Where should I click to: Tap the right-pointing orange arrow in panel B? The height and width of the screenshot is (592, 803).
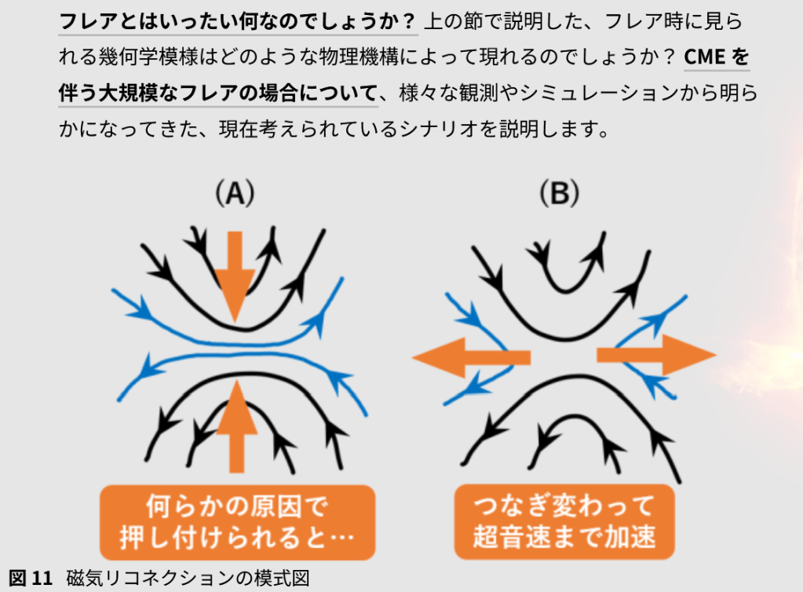(x=656, y=356)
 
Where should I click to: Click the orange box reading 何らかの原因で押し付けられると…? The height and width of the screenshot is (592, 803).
(x=235, y=521)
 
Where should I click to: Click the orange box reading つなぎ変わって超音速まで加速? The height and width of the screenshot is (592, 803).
(x=564, y=521)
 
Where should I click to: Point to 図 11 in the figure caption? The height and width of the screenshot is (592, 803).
(x=30, y=579)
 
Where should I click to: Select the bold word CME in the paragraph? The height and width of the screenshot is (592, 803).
(x=706, y=57)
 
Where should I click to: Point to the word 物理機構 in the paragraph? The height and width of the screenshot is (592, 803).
(x=346, y=57)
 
